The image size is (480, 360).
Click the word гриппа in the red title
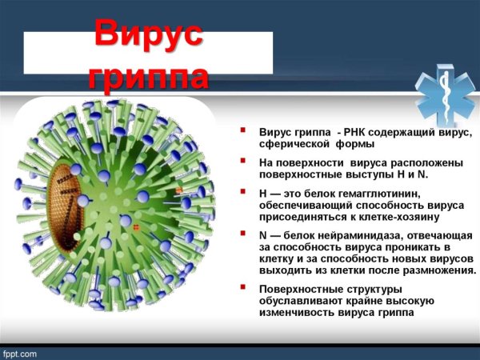149,76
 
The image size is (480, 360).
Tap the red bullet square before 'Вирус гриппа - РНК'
243,130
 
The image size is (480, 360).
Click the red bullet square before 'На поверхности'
243,161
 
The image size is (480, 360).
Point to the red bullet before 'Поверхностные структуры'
243,288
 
